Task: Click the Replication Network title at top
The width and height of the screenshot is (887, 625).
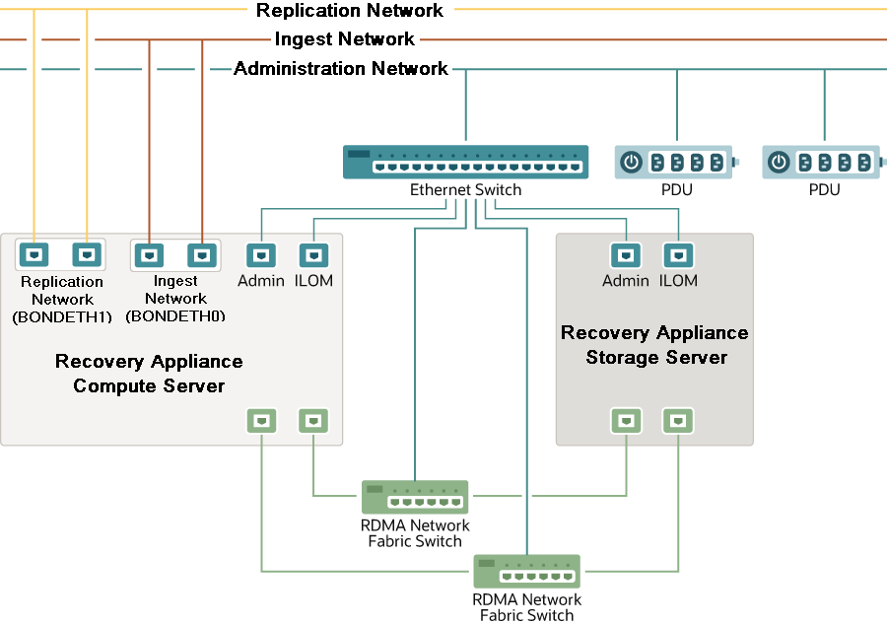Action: click(350, 11)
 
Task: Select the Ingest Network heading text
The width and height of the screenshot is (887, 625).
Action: click(345, 39)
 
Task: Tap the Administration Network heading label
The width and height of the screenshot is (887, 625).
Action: click(341, 69)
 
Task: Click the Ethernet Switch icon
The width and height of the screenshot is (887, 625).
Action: click(465, 162)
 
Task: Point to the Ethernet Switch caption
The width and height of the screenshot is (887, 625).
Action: click(465, 190)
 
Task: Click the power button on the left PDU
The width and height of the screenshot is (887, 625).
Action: click(632, 163)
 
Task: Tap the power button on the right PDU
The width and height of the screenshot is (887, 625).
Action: click(780, 163)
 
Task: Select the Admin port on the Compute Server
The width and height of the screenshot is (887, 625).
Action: click(261, 256)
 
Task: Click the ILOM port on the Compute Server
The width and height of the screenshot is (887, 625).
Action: click(313, 256)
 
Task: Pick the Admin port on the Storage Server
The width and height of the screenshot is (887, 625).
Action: click(626, 256)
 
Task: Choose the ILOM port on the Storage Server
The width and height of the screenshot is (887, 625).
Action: click(678, 256)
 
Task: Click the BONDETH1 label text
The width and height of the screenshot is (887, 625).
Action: click(62, 317)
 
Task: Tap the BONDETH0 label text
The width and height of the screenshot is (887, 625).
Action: click(175, 316)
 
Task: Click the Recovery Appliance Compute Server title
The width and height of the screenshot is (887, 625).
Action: click(149, 374)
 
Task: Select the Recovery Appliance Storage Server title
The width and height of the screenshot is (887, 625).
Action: click(655, 345)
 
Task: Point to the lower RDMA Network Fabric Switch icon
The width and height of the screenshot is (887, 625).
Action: click(526, 572)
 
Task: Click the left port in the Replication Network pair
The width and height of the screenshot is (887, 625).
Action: click(34, 255)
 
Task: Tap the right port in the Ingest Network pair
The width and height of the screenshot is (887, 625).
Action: click(202, 255)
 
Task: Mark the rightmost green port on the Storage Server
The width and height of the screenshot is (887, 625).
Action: click(678, 421)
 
